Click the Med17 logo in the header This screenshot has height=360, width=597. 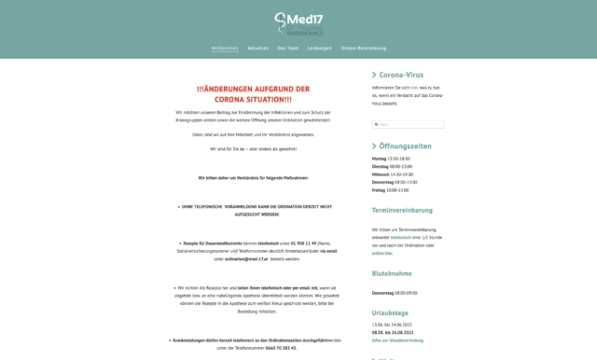pyautogui.click(x=298, y=21)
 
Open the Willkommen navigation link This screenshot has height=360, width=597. pyautogui.click(x=225, y=47)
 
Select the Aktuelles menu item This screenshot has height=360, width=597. pyautogui.click(x=258, y=47)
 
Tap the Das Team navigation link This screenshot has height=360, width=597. pyautogui.click(x=287, y=47)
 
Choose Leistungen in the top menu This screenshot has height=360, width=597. pyautogui.click(x=319, y=47)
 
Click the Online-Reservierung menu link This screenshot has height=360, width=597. pyautogui.click(x=364, y=47)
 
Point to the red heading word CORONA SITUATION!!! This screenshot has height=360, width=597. pyautogui.click(x=253, y=99)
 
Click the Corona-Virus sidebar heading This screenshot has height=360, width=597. pyautogui.click(x=408, y=75)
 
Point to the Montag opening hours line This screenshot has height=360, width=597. pyautogui.click(x=391, y=159)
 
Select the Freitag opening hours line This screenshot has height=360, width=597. pyautogui.click(x=390, y=189)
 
